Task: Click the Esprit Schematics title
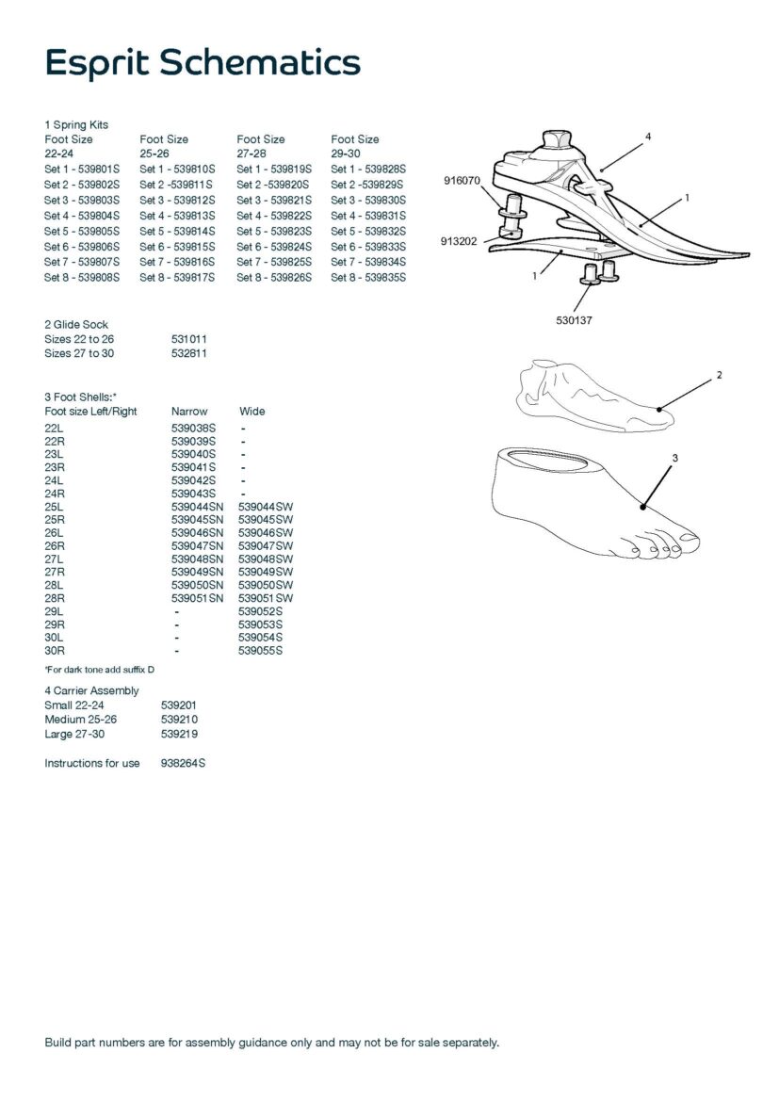click(x=203, y=62)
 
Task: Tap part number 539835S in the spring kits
click(x=383, y=278)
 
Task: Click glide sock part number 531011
click(x=188, y=338)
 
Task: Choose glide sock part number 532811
click(x=188, y=353)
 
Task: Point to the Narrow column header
click(x=189, y=412)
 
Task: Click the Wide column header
click(x=252, y=412)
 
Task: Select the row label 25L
click(x=55, y=507)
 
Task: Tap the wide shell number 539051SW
click(x=266, y=598)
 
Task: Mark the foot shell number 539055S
click(x=260, y=651)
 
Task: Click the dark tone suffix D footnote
click(x=99, y=669)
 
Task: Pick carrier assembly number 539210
click(x=179, y=720)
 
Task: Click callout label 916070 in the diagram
click(x=462, y=181)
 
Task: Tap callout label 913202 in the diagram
click(x=460, y=242)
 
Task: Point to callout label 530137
click(x=574, y=320)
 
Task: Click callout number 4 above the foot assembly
click(x=647, y=138)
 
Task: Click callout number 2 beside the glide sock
click(x=719, y=375)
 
